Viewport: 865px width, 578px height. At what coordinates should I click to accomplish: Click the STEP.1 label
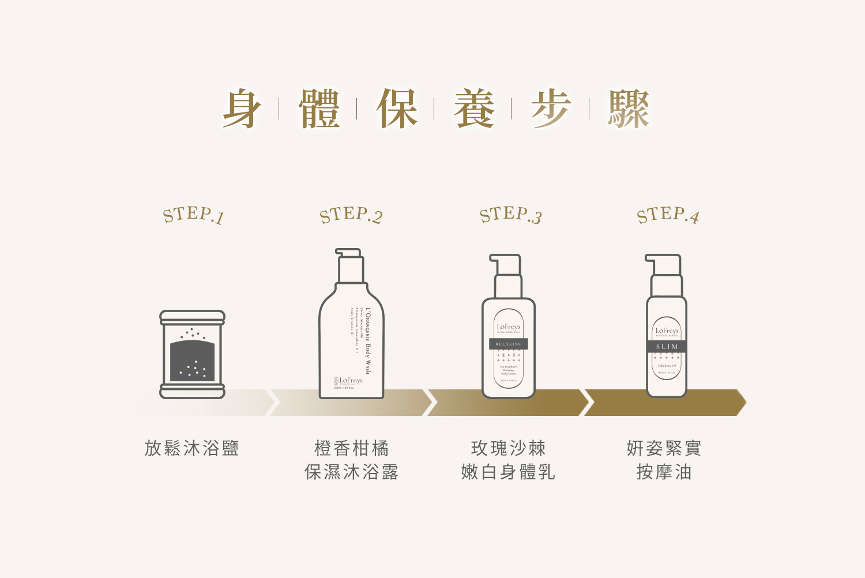[193, 215]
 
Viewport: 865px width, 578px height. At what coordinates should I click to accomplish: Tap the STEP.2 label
[351, 215]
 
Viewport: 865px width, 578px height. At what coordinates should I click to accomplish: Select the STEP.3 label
[510, 215]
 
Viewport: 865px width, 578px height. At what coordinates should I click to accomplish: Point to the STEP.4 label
[668, 215]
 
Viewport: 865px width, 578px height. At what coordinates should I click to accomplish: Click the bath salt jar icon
[192, 355]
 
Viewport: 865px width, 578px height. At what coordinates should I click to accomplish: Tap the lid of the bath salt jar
[192, 317]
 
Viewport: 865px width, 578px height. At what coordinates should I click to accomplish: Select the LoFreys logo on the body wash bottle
[348, 381]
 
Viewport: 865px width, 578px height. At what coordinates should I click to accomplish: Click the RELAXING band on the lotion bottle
[509, 344]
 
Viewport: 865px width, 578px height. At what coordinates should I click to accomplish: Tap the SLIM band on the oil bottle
[667, 347]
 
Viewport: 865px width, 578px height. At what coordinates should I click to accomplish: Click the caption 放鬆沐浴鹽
[191, 448]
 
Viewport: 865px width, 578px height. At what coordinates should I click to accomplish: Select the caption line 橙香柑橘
[351, 448]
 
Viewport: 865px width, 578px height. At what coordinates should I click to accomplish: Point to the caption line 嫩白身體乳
[508, 472]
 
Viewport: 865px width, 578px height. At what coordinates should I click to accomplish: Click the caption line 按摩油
[664, 472]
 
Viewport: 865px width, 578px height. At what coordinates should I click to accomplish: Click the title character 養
[473, 109]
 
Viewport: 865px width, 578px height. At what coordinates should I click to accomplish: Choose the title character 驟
[629, 109]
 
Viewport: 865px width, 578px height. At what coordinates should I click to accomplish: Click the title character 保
[397, 109]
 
